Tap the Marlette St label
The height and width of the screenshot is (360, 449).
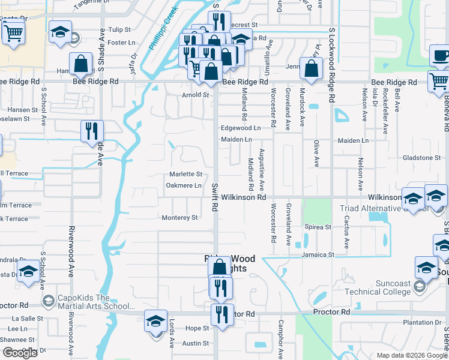[x=185, y=174]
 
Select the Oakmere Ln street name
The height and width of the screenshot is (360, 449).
[x=184, y=185]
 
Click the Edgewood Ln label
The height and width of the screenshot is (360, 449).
[x=241, y=128]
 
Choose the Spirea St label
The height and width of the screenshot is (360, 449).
[x=319, y=227]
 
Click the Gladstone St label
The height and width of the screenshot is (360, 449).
[x=421, y=158]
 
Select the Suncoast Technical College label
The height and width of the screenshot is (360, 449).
[x=374, y=284]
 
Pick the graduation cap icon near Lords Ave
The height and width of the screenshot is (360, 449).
[x=155, y=321]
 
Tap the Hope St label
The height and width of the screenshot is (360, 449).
[x=197, y=328]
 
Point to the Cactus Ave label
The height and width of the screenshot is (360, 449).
[x=346, y=235]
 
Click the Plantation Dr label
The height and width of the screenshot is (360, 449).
[x=422, y=323]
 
